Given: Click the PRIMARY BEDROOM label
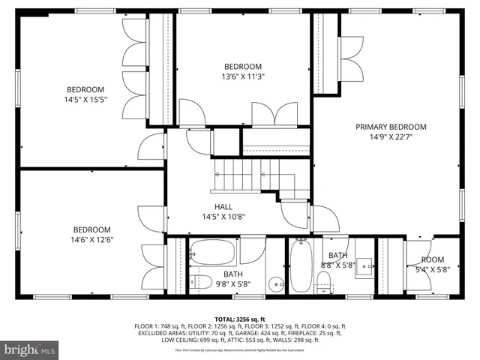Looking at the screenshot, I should (x=391, y=127).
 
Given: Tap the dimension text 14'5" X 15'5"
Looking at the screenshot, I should (x=86, y=99).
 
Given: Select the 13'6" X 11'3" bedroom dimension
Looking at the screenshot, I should (x=242, y=76).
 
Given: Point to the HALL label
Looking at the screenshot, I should (x=223, y=207).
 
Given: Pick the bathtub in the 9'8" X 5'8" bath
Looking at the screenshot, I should (x=214, y=253).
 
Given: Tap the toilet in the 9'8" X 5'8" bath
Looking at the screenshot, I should (x=199, y=283).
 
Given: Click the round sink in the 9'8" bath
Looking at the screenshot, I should (x=276, y=283).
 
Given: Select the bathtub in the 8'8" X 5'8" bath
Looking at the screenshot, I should (x=300, y=266).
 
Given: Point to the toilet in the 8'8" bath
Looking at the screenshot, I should (x=324, y=280).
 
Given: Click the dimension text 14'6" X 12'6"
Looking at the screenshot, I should (x=91, y=240).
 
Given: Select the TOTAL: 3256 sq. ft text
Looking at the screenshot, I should (x=240, y=319).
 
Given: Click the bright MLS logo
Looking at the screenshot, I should (x=30, y=349).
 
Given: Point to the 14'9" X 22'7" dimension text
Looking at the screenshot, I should (x=391, y=136).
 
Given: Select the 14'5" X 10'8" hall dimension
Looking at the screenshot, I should (x=223, y=217).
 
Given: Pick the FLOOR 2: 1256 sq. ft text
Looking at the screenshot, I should (x=203, y=325).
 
